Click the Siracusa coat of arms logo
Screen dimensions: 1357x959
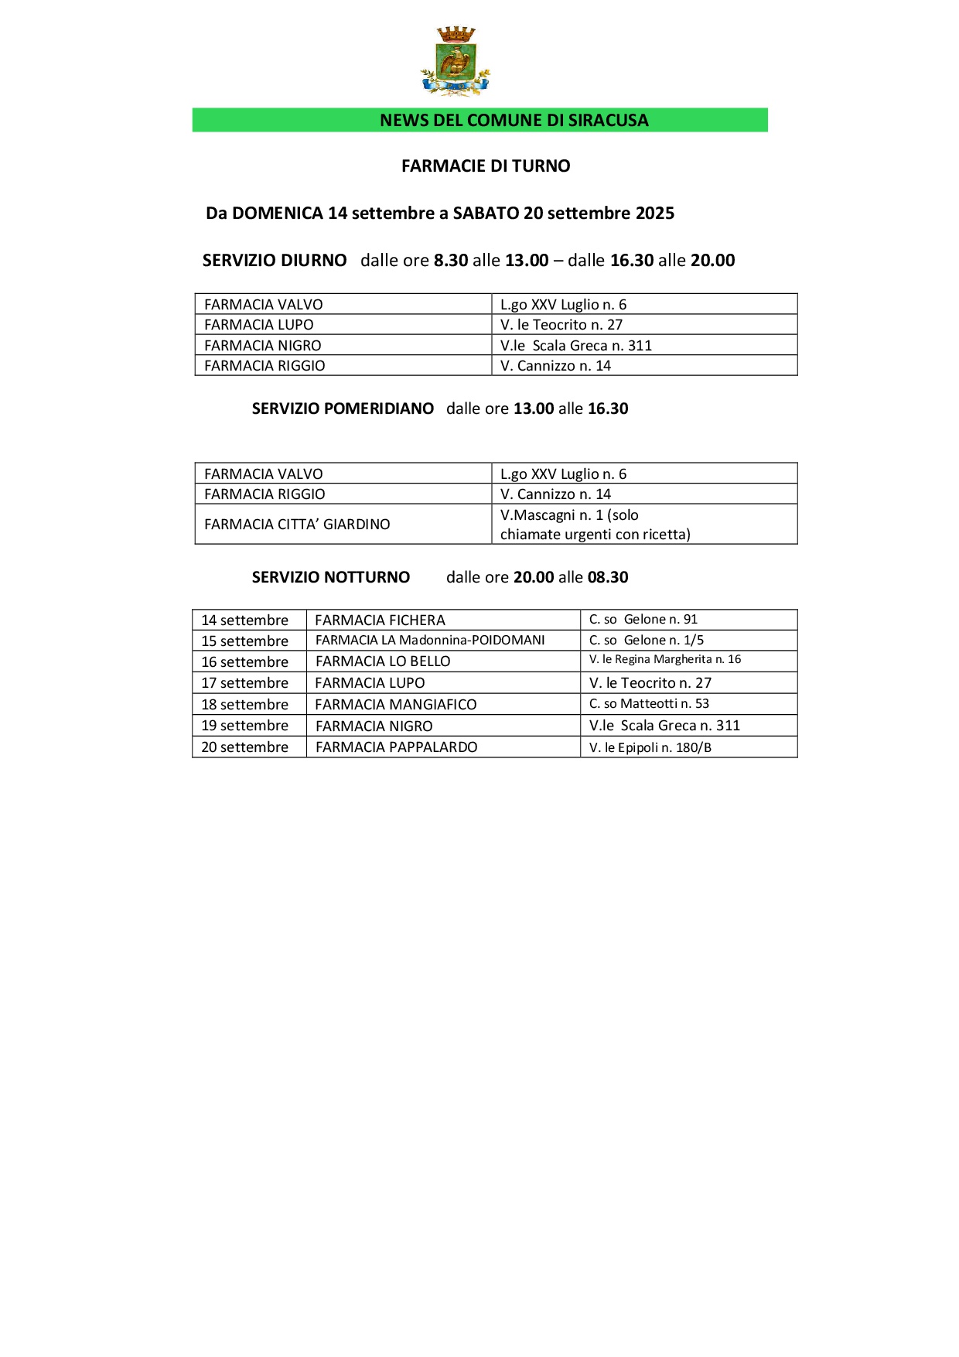coord(455,62)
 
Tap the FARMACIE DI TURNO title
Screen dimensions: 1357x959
coord(486,166)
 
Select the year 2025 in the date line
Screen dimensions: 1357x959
coord(654,213)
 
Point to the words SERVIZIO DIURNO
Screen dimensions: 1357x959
coord(275,260)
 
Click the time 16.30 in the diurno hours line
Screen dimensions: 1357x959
coord(632,260)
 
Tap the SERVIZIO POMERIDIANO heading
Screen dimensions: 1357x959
coord(343,408)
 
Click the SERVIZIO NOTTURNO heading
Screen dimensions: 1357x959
coord(331,577)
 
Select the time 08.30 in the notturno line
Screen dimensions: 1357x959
coord(608,577)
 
